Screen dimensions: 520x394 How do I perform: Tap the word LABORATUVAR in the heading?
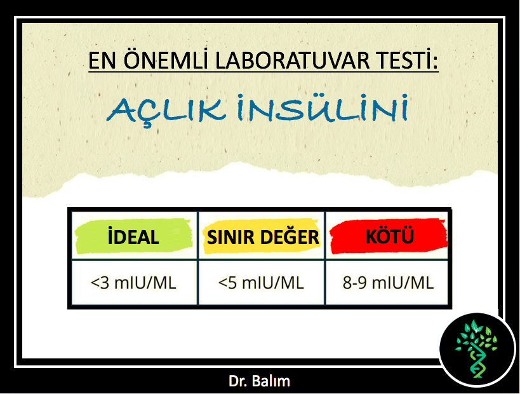coord(293,60)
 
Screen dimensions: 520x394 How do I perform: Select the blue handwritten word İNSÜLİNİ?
coord(323,108)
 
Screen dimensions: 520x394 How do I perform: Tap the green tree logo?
coord(477,349)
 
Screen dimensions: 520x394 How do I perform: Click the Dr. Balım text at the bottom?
coord(259,381)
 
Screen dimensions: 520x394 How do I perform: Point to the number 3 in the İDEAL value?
coord(105,283)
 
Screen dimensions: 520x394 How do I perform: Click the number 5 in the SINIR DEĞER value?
coord(232,283)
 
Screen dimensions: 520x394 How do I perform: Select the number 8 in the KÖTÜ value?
coord(347,283)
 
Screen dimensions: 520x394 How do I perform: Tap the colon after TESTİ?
coord(435,63)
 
